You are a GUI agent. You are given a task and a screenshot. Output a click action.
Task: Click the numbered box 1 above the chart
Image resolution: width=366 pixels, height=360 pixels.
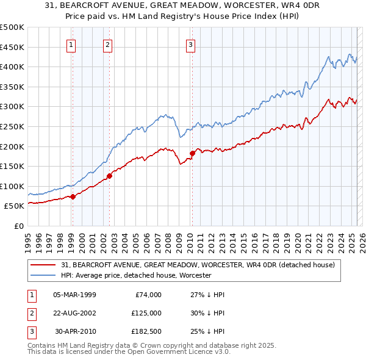(x=72, y=44)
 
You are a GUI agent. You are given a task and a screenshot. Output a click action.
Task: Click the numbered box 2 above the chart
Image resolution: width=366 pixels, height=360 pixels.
(x=107, y=44)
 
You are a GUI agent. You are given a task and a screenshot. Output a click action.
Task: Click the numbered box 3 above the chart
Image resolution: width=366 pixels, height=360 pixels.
(x=190, y=44)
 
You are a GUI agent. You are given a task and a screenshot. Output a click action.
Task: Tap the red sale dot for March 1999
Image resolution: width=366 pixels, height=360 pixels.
(x=73, y=196)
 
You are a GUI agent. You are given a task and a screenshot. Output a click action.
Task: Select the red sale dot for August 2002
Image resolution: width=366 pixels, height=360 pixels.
(x=110, y=176)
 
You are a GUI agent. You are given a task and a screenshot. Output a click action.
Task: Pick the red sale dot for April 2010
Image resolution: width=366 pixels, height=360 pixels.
(x=192, y=153)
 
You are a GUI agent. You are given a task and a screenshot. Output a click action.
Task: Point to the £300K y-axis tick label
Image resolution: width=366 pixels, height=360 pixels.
(x=12, y=106)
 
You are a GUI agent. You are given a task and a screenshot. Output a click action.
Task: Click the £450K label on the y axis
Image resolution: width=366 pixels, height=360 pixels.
(x=12, y=47)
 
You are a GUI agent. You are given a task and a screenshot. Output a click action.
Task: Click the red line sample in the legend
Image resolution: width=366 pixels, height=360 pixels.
(x=43, y=265)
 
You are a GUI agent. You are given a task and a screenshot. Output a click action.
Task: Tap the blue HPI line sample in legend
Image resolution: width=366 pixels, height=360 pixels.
(x=43, y=276)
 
